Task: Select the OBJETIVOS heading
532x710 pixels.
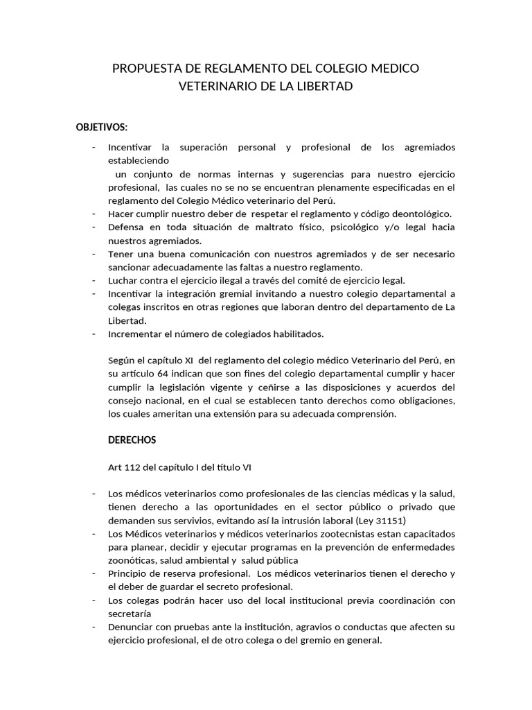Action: (x=102, y=127)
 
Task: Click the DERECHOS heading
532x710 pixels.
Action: (x=132, y=440)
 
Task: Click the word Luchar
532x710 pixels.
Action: (x=123, y=281)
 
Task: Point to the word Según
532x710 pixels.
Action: (x=122, y=361)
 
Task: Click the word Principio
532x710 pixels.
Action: (x=130, y=573)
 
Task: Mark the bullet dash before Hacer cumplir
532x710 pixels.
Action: (x=94, y=214)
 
